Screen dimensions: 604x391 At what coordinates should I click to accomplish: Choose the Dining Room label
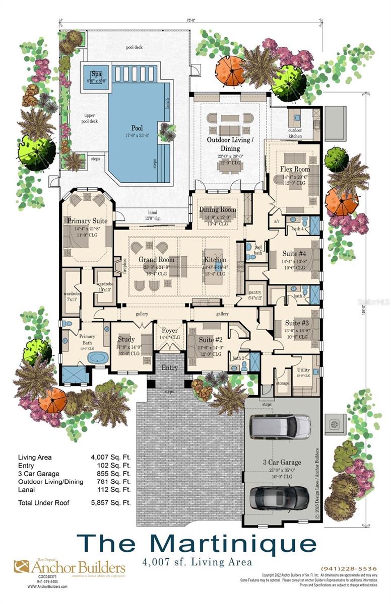217,209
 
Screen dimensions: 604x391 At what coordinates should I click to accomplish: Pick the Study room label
126,339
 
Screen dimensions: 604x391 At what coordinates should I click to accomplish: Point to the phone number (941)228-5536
349,569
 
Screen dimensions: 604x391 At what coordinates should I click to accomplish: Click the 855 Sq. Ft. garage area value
114,474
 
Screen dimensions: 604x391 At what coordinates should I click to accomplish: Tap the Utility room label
303,370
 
